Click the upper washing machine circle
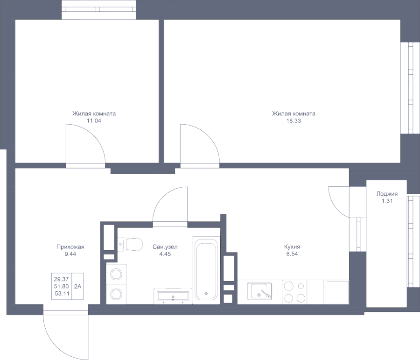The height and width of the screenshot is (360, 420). [115, 274]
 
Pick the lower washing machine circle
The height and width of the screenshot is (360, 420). [115, 294]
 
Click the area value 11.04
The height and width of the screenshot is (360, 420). [94, 120]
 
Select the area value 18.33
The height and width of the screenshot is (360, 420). [294, 120]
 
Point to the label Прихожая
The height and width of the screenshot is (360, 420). [70, 247]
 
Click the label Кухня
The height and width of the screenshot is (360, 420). [292, 247]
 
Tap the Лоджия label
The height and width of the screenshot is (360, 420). [387, 194]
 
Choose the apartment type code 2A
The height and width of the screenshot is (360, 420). [77, 286]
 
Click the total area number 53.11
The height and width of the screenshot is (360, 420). [62, 293]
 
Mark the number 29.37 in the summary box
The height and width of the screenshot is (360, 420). [62, 279]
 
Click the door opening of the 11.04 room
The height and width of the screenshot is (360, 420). [85, 165]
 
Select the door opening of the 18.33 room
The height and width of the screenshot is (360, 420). [200, 165]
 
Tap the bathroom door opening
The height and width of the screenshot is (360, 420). [170, 224]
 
